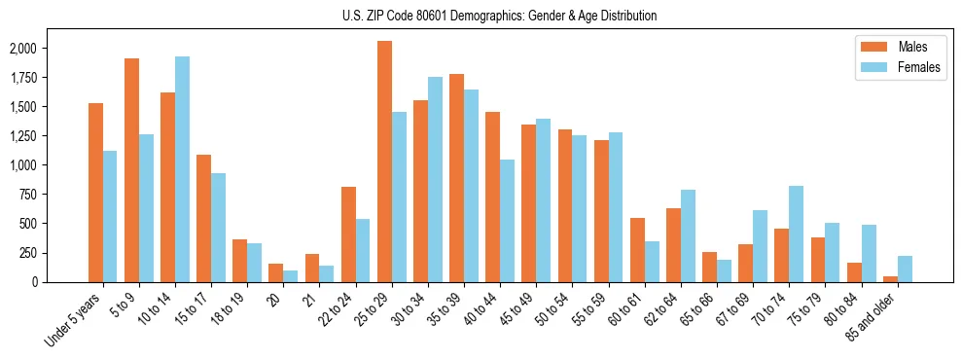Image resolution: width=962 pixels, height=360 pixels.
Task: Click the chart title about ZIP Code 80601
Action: pos(499,16)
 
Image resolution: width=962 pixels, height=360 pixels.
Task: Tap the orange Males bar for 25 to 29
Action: pos(385,162)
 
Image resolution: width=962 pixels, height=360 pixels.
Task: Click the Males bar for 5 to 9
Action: pos(131,170)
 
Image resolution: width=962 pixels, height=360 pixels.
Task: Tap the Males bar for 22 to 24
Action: pos(348,234)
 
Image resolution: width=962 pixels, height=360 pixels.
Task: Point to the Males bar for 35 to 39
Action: pos(457,178)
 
